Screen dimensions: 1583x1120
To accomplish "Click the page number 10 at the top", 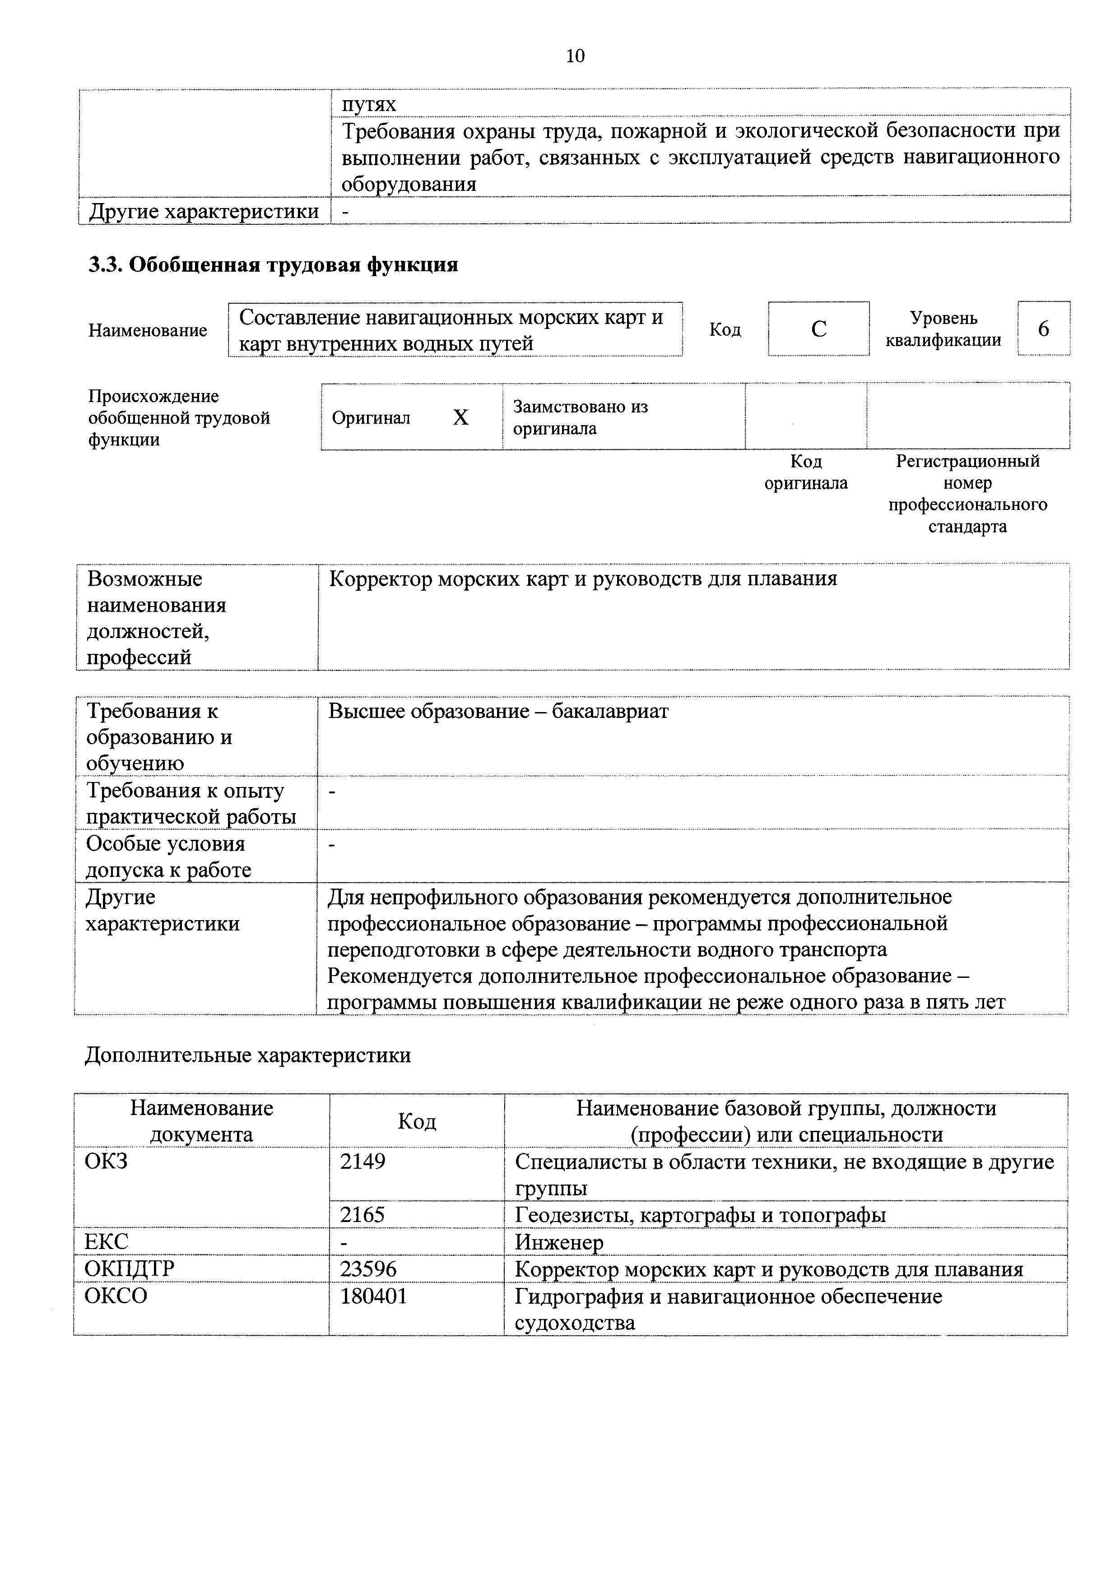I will (575, 56).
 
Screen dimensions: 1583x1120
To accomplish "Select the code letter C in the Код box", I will (818, 329).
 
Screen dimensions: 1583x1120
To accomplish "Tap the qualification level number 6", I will (1043, 329).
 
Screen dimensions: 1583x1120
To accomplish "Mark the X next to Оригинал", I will (461, 417).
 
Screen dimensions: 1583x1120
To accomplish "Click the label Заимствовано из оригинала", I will (580, 417).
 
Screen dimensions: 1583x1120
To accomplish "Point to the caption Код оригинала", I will (805, 472).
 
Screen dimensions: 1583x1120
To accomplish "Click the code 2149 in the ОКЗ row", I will (363, 1162).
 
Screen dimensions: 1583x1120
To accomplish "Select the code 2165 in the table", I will (363, 1215).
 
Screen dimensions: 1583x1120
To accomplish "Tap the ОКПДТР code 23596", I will (368, 1268).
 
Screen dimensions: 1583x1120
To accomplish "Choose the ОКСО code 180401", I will (374, 1296).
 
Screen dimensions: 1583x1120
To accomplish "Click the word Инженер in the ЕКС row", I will (558, 1242).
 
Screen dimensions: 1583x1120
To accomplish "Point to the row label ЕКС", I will (106, 1242).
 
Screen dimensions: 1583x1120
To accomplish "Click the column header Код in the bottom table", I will (417, 1122).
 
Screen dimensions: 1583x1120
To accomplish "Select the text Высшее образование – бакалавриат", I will (498, 711).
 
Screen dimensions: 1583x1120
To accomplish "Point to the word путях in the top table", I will (369, 104).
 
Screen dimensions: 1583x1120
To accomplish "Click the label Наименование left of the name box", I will (148, 330).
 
